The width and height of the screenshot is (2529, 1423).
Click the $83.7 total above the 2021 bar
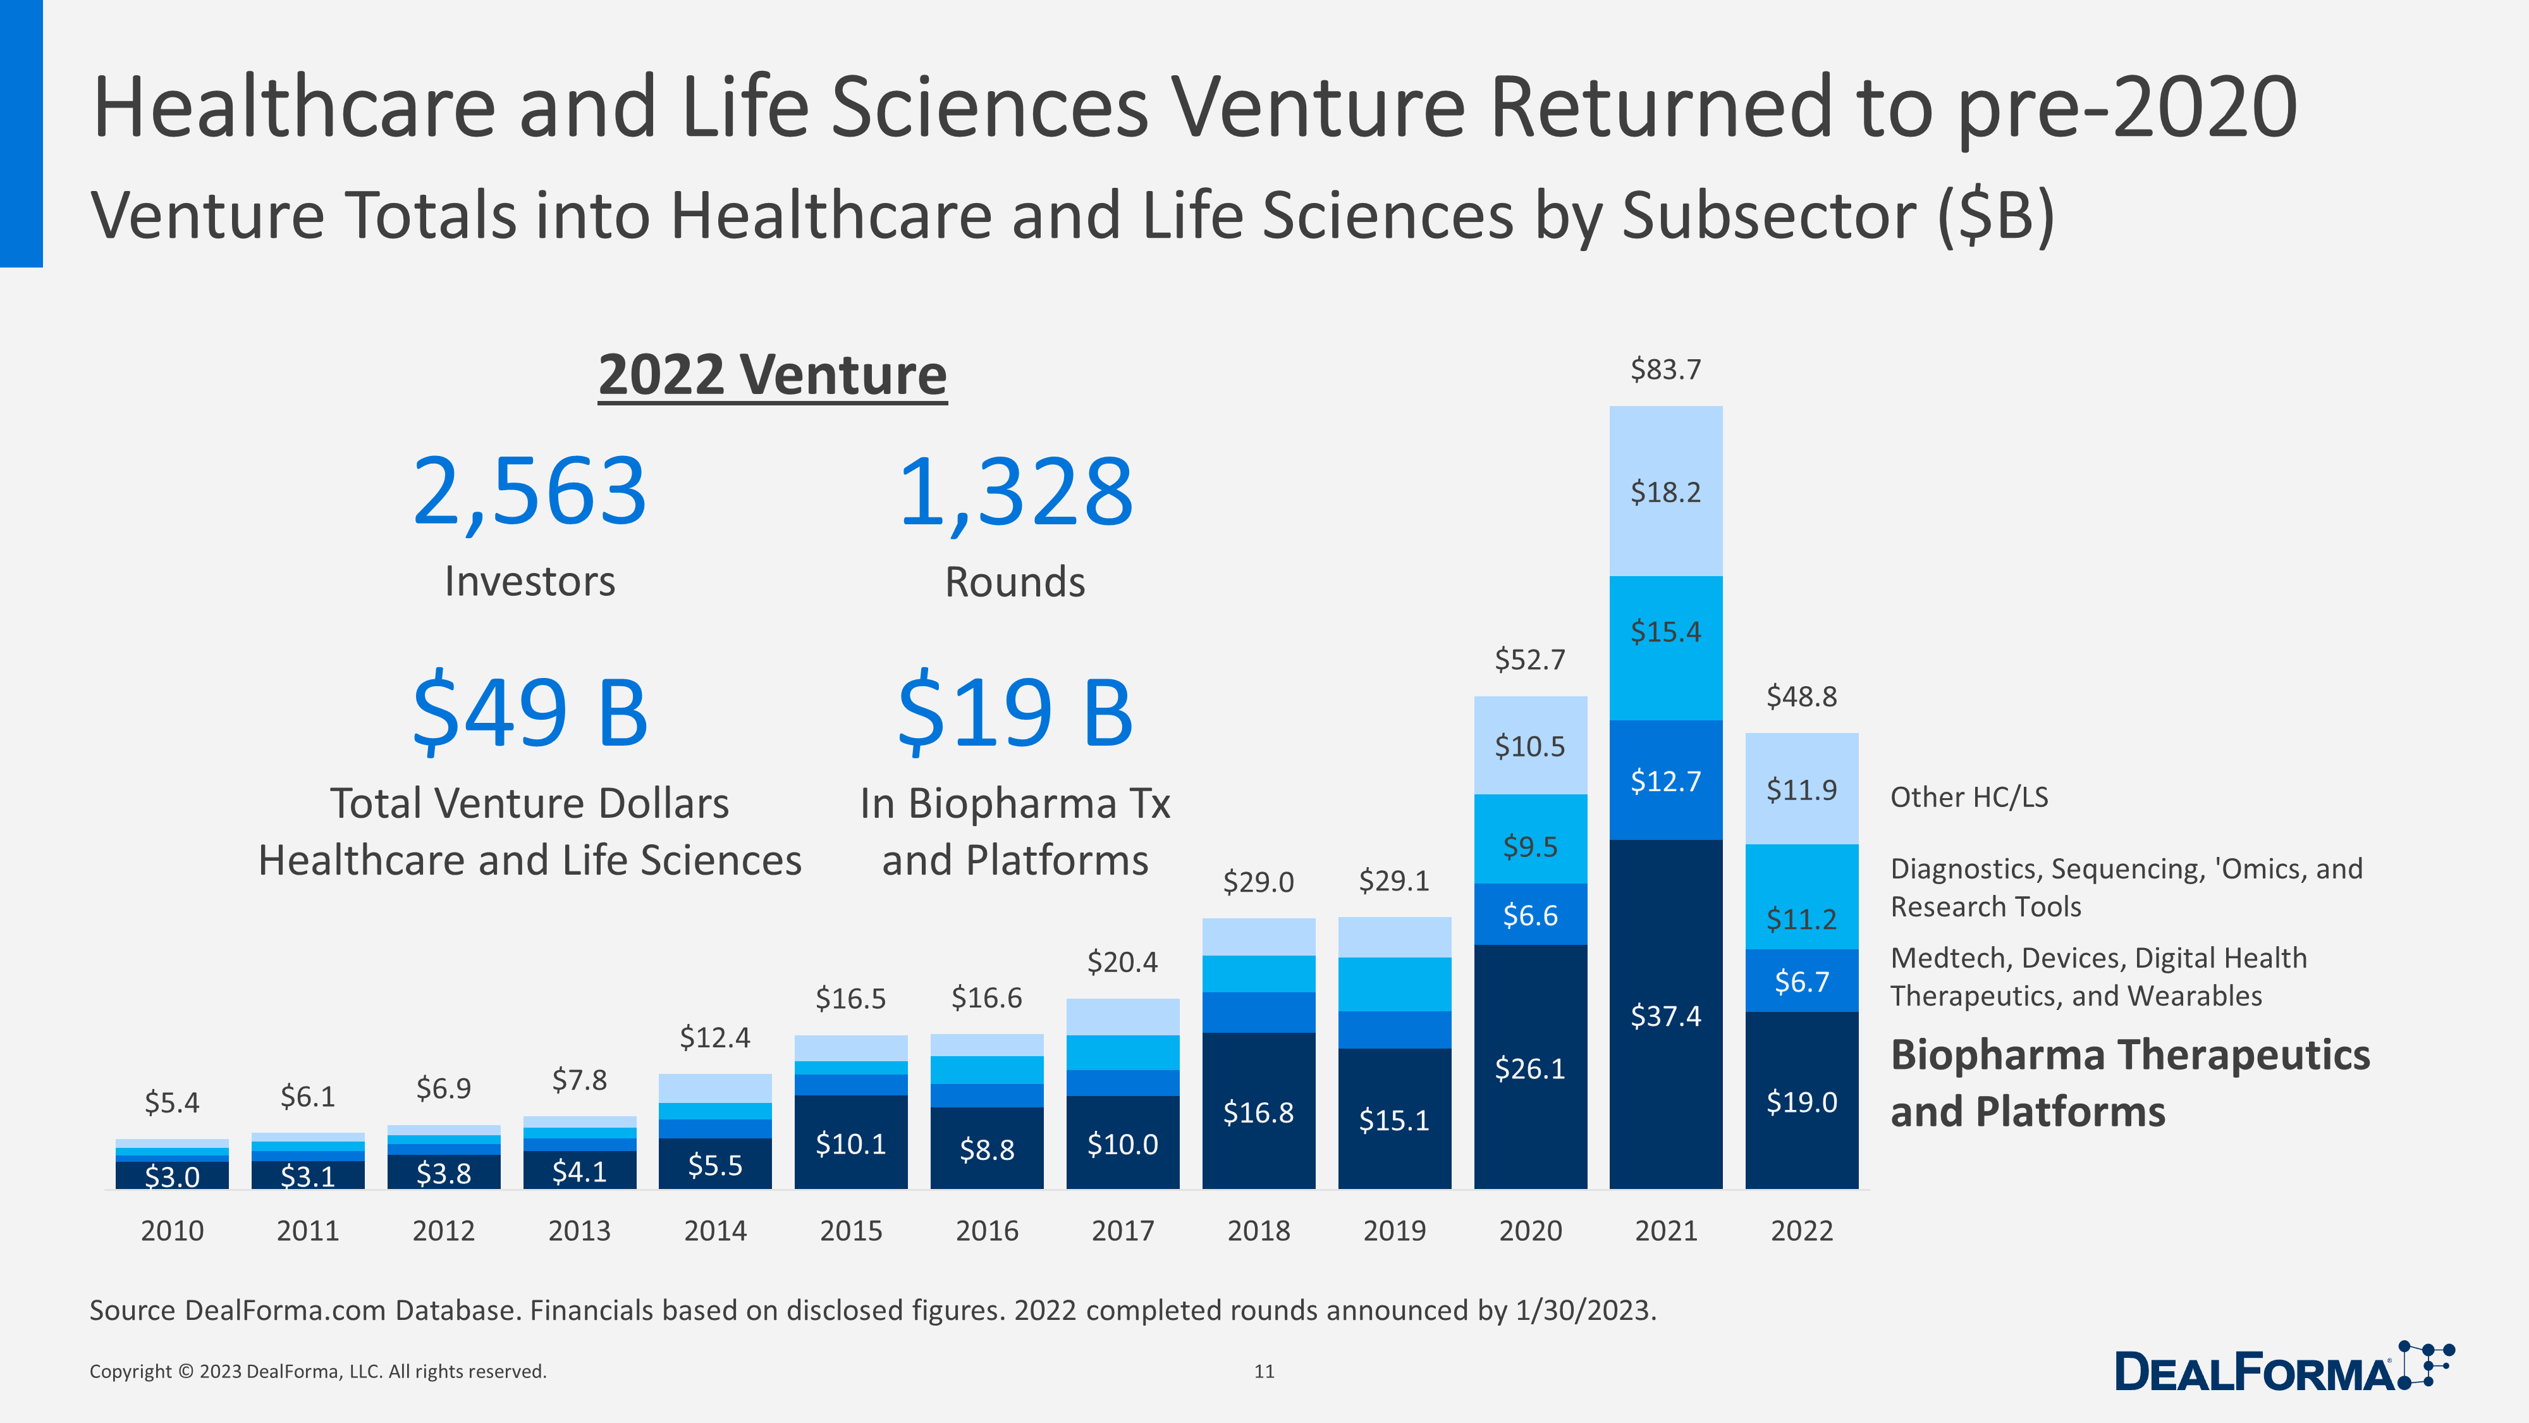(1665, 370)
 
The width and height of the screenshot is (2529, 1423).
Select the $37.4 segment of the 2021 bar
(1665, 1016)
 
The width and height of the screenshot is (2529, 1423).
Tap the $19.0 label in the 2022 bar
(1801, 1102)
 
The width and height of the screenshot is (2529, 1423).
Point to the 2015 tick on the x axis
(850, 1231)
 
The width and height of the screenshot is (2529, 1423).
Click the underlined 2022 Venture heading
(773, 375)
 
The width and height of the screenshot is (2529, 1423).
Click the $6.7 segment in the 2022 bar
(1801, 981)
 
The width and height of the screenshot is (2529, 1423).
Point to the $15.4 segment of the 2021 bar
(1665, 631)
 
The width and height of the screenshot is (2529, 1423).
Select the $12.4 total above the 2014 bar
(714, 1038)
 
